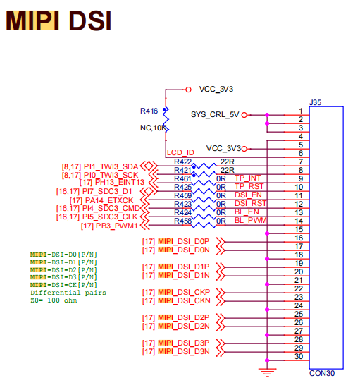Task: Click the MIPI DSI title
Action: (x=59, y=22)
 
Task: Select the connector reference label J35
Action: (x=316, y=102)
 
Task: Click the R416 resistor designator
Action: (x=149, y=111)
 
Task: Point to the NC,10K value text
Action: (x=154, y=128)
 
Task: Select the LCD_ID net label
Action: (x=180, y=153)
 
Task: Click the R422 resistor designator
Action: (x=182, y=162)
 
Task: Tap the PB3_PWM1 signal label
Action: (x=111, y=226)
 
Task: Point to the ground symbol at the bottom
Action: (x=266, y=371)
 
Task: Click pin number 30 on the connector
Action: (x=299, y=356)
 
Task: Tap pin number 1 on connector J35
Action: (x=301, y=111)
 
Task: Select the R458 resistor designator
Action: (x=182, y=221)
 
